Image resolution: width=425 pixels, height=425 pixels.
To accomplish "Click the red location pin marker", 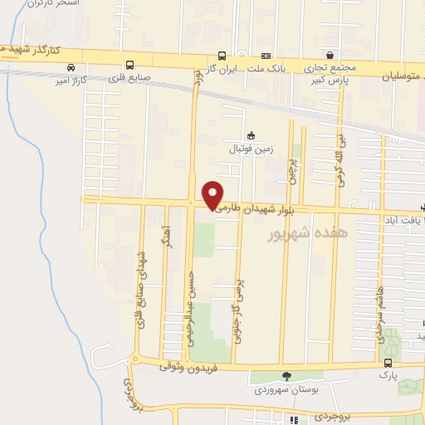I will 213,194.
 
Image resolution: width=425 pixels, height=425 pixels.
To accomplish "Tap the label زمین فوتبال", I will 251,150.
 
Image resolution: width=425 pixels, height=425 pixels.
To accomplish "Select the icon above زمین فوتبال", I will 252,136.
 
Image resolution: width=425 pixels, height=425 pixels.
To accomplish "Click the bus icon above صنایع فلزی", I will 129,65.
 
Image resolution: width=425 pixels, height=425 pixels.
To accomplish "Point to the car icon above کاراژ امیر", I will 72,67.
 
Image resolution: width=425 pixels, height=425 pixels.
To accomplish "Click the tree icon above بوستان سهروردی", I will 287,376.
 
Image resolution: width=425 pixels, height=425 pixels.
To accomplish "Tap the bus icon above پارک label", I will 388,363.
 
